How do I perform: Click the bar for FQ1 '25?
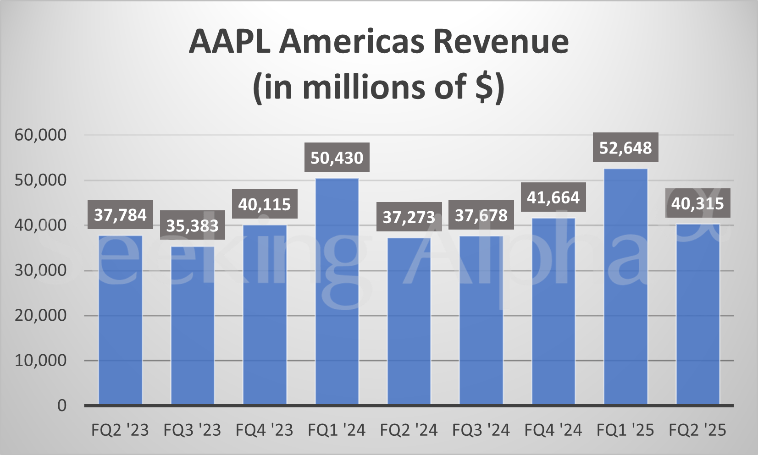(x=625, y=287)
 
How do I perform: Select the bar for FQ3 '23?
(x=193, y=325)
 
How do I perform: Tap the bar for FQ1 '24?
(x=337, y=291)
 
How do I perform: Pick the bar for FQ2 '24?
(x=409, y=321)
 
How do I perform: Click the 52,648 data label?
(x=625, y=148)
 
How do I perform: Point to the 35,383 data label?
(x=193, y=225)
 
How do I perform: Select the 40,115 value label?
(x=265, y=204)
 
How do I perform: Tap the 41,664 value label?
(x=553, y=197)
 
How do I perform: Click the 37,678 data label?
(x=481, y=215)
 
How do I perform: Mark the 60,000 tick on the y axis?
(x=41, y=135)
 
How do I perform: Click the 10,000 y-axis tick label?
(x=41, y=361)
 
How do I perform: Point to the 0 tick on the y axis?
(x=62, y=406)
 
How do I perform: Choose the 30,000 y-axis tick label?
(x=41, y=270)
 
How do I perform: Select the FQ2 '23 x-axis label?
(x=120, y=430)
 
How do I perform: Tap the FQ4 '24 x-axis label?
(x=553, y=430)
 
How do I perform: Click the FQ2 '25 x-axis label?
(x=697, y=430)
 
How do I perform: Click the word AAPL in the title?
(x=229, y=42)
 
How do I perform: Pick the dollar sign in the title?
(x=483, y=87)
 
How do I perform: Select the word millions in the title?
(x=365, y=87)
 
